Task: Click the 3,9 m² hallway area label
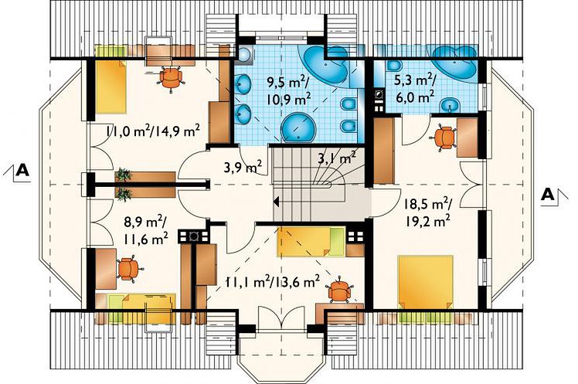243,168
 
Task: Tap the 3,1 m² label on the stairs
337,158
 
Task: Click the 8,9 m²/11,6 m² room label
145,231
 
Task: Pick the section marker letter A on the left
23,170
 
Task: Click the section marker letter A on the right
548,194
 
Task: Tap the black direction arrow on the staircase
276,202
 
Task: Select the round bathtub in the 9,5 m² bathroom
299,128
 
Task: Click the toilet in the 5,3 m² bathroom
394,66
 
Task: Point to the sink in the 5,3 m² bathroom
450,106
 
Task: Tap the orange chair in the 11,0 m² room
171,77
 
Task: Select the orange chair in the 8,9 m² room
128,269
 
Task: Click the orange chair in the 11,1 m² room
340,291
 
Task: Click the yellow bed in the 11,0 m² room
111,87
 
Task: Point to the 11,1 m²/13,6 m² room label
273,283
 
